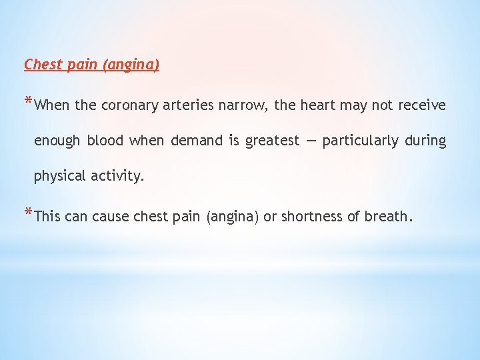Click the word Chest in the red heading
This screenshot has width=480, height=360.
click(x=43, y=65)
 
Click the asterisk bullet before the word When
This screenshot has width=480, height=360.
click(x=28, y=102)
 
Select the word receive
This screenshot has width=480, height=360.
click(x=422, y=105)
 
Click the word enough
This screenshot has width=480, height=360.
click(x=57, y=141)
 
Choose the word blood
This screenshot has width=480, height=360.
click(x=105, y=141)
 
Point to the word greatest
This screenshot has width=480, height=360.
click(x=273, y=141)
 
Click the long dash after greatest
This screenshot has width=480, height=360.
click(x=311, y=141)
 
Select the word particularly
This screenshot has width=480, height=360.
click(x=361, y=141)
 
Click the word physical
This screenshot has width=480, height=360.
click(x=59, y=177)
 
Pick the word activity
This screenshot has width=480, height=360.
click(x=119, y=177)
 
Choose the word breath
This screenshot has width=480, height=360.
click(x=386, y=216)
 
